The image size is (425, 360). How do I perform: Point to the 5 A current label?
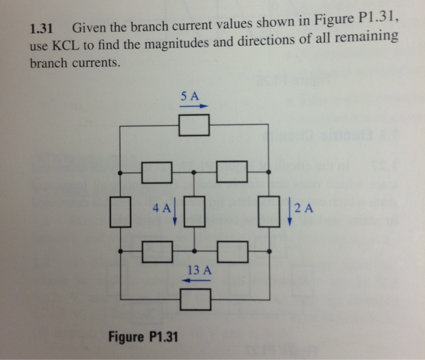coord(190,96)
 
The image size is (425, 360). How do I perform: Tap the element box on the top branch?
coord(194,125)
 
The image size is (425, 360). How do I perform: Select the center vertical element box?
coord(194,211)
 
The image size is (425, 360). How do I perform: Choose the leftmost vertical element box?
coord(121,211)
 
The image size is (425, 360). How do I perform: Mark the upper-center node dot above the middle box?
coord(194,172)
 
